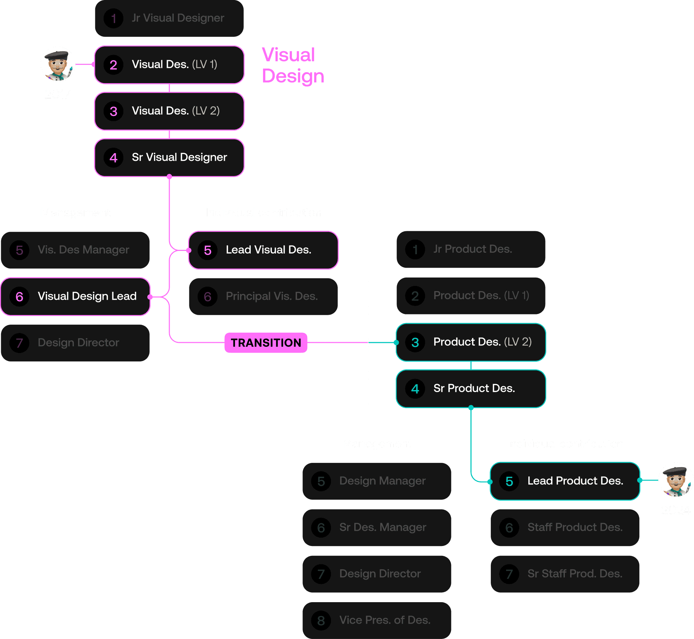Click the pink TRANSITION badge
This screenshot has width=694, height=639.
(266, 343)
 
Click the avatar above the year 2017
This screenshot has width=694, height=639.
(58, 64)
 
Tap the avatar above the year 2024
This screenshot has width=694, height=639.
(675, 480)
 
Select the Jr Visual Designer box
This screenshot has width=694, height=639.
(169, 18)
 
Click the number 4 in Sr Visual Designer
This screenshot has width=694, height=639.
(113, 158)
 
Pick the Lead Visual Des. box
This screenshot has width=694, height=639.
(263, 250)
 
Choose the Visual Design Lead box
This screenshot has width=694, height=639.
(75, 297)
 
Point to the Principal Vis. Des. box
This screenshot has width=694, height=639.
(263, 297)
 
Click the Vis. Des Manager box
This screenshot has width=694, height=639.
(75, 250)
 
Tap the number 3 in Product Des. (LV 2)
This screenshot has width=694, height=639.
(415, 342)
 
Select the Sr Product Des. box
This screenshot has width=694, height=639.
(471, 388)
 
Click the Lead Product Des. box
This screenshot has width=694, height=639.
(565, 481)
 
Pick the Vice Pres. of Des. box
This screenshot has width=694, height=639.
(377, 620)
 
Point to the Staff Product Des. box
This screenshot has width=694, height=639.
(565, 527)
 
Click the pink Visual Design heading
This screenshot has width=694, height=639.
(293, 66)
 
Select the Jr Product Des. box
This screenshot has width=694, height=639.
(471, 249)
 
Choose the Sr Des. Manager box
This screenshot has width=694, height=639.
(377, 527)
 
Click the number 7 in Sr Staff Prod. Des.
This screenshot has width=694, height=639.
(509, 574)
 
